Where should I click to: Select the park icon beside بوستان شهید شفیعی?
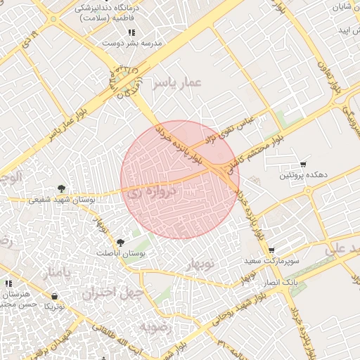tap(62, 188)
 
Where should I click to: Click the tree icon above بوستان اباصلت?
tap(120, 242)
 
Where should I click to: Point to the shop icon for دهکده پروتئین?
tap(303, 163)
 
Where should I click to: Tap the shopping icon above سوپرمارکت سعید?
tap(271, 250)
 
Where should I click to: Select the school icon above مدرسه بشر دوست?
tap(131, 33)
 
